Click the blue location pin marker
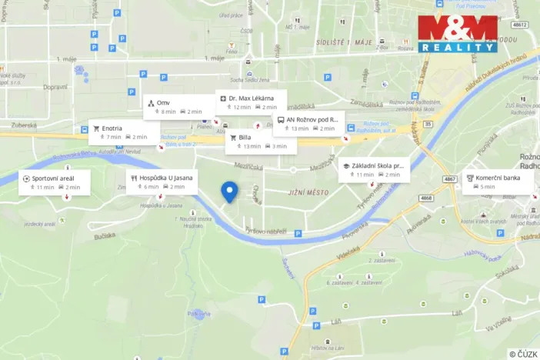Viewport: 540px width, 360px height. tap(228, 191)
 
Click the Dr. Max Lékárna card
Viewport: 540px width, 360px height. tap(251, 102)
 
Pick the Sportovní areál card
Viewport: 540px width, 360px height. tap(55, 182)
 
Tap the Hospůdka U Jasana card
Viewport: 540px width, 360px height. tap(162, 182)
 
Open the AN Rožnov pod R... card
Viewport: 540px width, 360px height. tap(308, 123)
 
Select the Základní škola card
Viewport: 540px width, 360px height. tap(374, 169)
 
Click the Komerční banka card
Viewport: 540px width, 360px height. tap(497, 182)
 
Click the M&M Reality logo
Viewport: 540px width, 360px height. tap(457, 33)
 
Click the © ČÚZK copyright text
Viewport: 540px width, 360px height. tap(523, 353)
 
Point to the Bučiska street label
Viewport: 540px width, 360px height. tap(105, 238)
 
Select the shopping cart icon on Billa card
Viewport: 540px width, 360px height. tap(233, 137)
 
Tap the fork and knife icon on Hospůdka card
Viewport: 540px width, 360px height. tap(133, 178)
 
